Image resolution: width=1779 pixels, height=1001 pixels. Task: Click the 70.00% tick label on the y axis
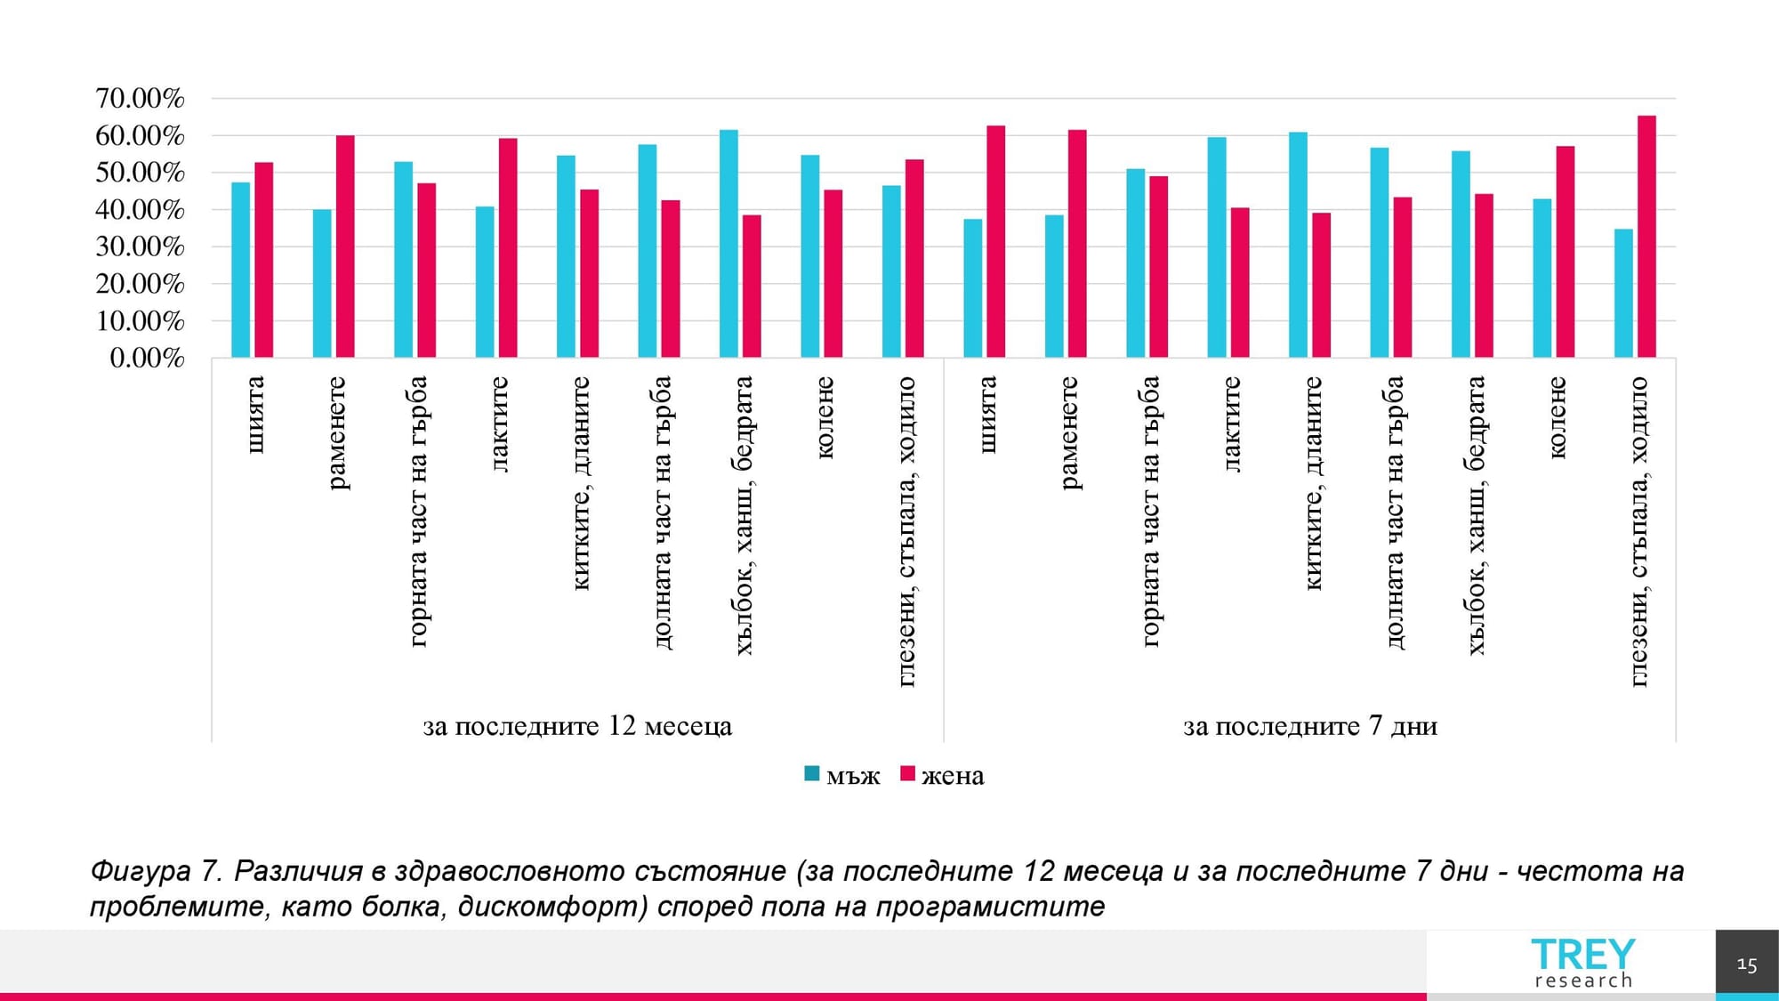click(140, 98)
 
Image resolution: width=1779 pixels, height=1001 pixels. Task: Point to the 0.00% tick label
click(147, 358)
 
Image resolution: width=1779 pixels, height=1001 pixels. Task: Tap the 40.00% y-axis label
click(140, 210)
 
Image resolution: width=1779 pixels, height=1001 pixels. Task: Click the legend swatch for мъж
click(811, 774)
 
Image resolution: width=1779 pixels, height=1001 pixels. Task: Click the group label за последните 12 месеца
click(577, 726)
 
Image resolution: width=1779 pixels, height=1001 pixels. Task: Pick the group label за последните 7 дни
click(1309, 726)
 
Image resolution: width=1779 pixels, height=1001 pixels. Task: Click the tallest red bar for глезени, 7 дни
click(1646, 237)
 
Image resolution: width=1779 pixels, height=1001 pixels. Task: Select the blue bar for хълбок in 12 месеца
click(729, 244)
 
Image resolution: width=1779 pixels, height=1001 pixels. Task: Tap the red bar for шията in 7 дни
click(995, 242)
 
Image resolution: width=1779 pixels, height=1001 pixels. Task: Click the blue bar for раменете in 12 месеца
click(322, 284)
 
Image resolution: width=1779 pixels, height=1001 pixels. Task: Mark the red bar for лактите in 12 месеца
click(508, 248)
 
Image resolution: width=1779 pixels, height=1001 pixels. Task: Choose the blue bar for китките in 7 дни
click(1298, 245)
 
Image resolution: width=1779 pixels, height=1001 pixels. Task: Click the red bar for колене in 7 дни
click(1566, 252)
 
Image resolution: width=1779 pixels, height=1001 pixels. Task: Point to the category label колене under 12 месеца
click(825, 417)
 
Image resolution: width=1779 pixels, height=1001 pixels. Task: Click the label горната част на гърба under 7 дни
click(1150, 511)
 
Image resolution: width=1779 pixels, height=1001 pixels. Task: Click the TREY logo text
click(1582, 954)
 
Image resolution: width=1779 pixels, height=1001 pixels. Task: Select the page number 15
click(1746, 965)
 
